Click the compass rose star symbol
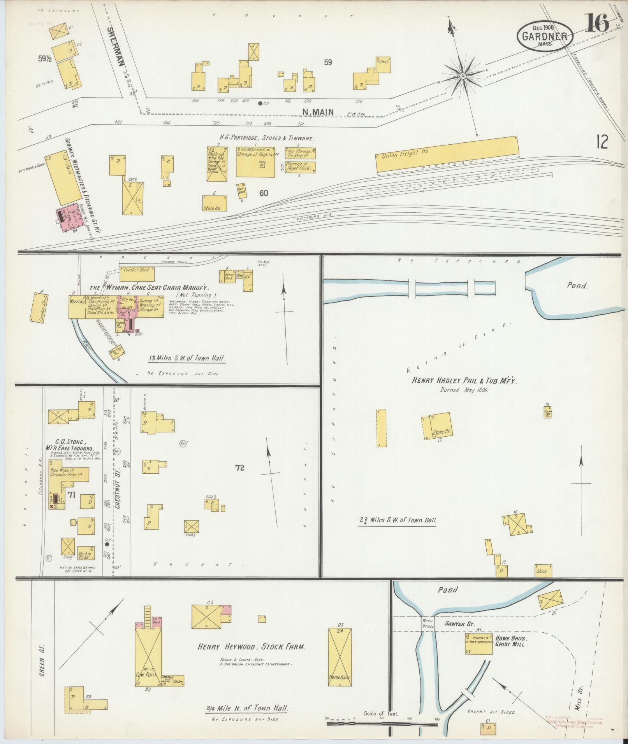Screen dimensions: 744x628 [x=463, y=76]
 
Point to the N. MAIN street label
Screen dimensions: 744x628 [x=318, y=112]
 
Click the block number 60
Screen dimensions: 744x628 [x=264, y=193]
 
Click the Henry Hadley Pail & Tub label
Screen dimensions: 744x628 [x=464, y=382]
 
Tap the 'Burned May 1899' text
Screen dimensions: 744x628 [x=464, y=390]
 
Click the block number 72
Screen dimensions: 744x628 [x=239, y=468]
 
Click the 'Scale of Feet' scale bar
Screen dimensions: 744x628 [x=382, y=725]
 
